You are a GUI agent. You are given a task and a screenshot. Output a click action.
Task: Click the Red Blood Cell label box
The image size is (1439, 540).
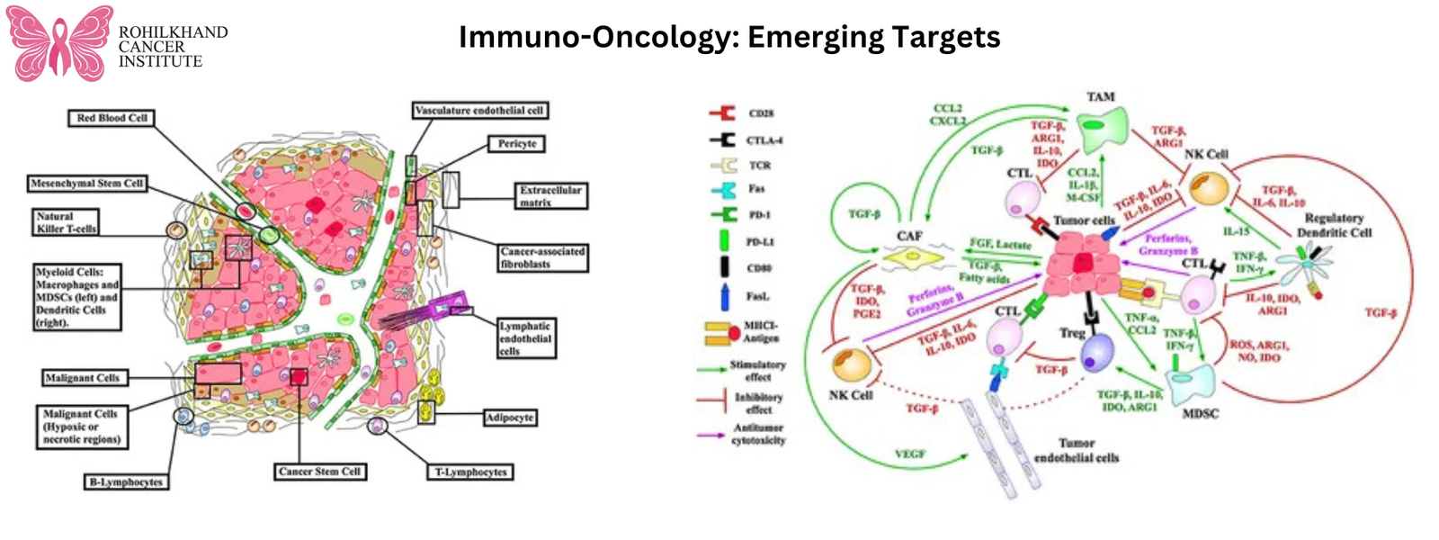tap(112, 118)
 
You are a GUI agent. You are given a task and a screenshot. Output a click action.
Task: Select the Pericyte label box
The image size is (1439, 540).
tap(517, 143)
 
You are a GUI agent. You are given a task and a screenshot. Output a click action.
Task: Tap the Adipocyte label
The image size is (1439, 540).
tap(510, 418)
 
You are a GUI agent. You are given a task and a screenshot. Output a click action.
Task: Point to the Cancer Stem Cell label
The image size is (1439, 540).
tap(319, 472)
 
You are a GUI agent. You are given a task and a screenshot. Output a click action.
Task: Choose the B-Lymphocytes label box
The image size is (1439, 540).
tap(126, 482)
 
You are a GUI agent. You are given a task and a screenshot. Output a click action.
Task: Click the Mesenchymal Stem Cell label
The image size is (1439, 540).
tap(86, 184)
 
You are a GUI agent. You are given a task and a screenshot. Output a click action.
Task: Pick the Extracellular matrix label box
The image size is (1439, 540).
tap(550, 196)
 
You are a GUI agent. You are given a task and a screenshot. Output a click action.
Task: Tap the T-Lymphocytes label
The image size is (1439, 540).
tap(471, 472)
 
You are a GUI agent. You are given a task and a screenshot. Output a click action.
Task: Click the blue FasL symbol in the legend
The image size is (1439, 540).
tap(725, 296)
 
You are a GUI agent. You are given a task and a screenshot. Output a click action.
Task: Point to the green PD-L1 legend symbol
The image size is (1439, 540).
tap(724, 241)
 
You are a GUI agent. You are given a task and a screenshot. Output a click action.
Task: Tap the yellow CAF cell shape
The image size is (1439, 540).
tap(912, 260)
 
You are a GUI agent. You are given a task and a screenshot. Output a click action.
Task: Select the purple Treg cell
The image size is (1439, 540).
tap(1096, 352)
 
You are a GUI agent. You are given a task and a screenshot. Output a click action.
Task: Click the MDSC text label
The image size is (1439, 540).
tap(1200, 413)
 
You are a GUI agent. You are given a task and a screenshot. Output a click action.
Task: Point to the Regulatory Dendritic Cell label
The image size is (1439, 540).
tap(1334, 225)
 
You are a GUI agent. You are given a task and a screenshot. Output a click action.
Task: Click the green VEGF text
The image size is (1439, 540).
tap(909, 454)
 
